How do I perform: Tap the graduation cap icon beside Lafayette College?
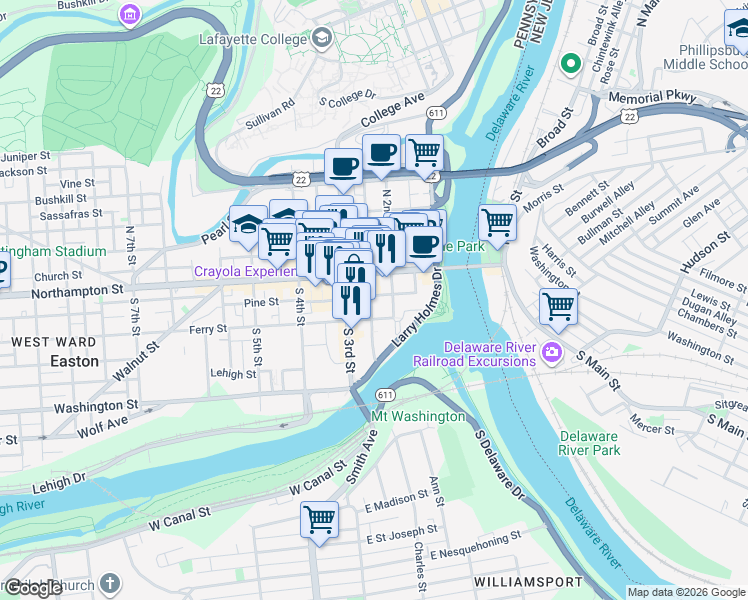(322, 39)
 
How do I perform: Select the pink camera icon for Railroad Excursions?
(550, 353)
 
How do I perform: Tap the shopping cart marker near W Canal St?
(319, 519)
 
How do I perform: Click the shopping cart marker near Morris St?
(497, 222)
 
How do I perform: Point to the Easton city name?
(75, 361)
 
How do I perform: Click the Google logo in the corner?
(32, 587)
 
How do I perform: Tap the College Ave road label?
(394, 106)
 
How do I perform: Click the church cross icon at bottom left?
(109, 582)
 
